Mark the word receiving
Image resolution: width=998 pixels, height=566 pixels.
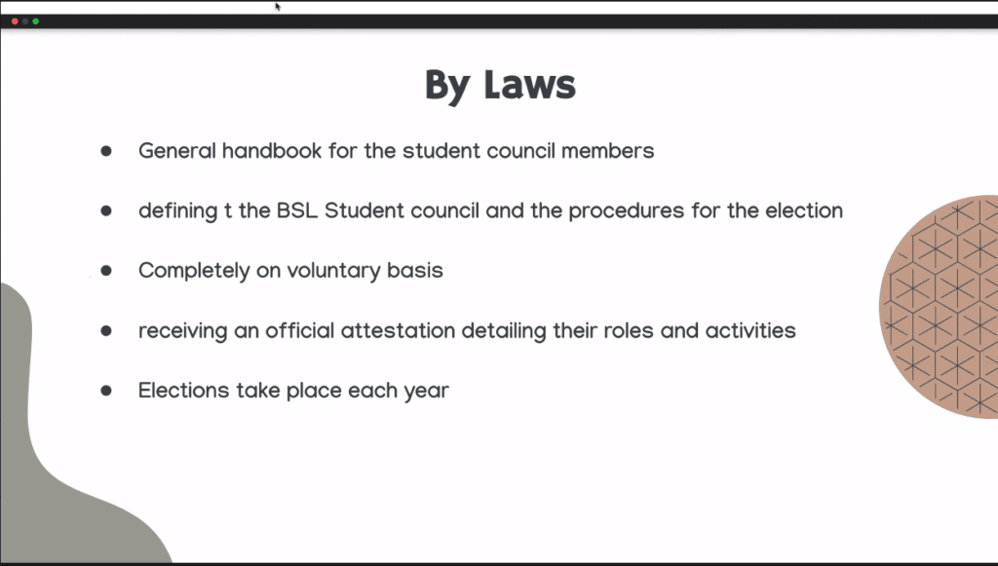tap(182, 331)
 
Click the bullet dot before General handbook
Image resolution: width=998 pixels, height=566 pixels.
tap(106, 151)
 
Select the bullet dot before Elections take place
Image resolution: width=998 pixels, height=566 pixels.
tap(106, 391)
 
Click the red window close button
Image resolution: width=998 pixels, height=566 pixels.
tap(15, 20)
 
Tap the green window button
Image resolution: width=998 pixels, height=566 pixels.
tap(36, 20)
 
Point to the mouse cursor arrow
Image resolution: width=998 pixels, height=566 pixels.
tap(278, 7)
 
